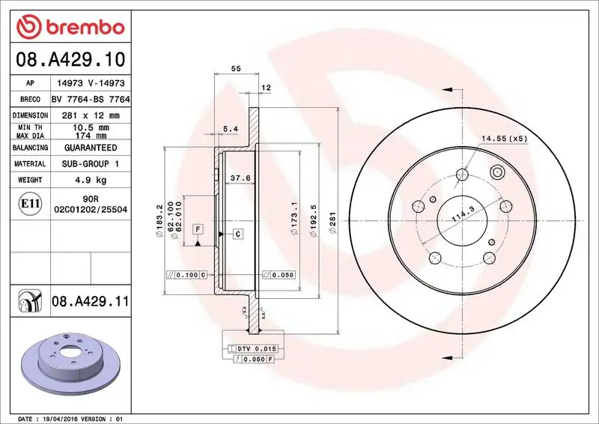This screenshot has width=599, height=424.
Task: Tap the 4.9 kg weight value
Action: pyautogui.click(x=89, y=180)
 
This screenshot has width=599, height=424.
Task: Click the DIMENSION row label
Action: pyautogui.click(x=30, y=115)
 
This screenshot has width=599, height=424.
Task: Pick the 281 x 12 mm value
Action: pyautogui.click(x=89, y=115)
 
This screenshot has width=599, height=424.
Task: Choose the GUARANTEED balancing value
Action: pyautogui.click(x=89, y=148)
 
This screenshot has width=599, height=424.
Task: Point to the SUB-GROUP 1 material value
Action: pyautogui.click(x=89, y=163)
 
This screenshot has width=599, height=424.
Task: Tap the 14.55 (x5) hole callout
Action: pyautogui.click(x=504, y=139)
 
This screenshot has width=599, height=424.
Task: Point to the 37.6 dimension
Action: pyautogui.click(x=239, y=178)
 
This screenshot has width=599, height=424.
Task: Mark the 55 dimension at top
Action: pyautogui.click(x=236, y=68)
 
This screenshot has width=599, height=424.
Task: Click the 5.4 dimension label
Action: pyautogui.click(x=230, y=129)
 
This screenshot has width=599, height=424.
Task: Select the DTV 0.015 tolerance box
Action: pyautogui.click(x=254, y=349)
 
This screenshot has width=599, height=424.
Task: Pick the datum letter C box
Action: pyautogui.click(x=237, y=234)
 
